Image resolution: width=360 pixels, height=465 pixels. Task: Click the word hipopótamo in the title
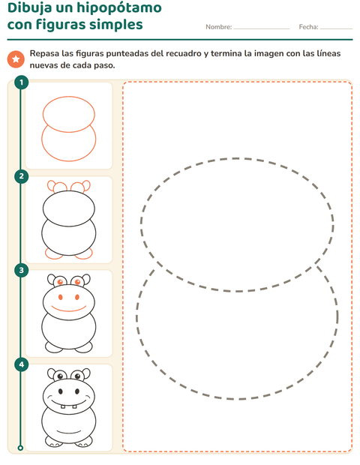pyautogui.click(x=119, y=8)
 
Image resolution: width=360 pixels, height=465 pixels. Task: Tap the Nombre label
pyautogui.click(x=219, y=27)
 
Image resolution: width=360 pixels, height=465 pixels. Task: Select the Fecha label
pyautogui.click(x=309, y=27)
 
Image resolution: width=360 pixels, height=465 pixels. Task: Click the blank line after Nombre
pyautogui.click(x=262, y=28)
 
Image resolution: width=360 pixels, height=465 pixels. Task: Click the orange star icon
pyautogui.click(x=16, y=59)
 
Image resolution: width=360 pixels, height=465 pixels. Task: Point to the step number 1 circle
pyautogui.click(x=21, y=82)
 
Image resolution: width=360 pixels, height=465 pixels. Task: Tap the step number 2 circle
pyautogui.click(x=21, y=176)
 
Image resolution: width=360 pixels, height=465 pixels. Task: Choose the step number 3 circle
pyautogui.click(x=21, y=271)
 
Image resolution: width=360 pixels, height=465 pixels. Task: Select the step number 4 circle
pyautogui.click(x=21, y=364)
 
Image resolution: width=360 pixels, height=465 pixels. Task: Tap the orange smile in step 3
pyautogui.click(x=69, y=308)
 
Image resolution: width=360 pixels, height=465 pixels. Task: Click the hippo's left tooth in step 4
pyautogui.click(x=63, y=406)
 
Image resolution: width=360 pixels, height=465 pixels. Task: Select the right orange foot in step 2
pyautogui.click(x=84, y=253)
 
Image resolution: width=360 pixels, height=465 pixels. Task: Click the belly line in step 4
pyautogui.click(x=69, y=431)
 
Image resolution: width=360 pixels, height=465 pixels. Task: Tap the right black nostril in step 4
pyautogui.click(x=77, y=391)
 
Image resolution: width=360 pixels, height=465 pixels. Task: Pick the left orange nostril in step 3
pyautogui.click(x=61, y=297)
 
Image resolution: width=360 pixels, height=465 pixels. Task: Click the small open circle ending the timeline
pyautogui.click(x=20, y=448)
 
